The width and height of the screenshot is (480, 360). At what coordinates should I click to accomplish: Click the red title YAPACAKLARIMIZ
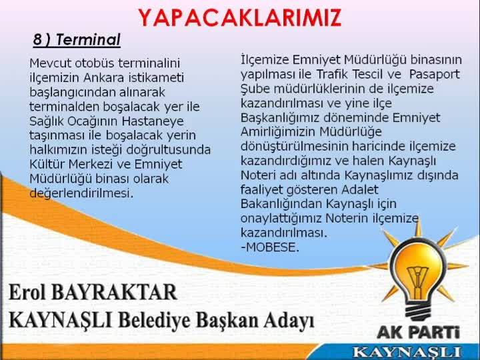click(240, 18)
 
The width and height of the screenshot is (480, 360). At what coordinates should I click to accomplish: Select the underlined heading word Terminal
click(88, 40)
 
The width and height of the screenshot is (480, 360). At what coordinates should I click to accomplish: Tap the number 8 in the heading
click(37, 40)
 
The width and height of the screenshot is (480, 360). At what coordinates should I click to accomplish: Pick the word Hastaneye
click(153, 121)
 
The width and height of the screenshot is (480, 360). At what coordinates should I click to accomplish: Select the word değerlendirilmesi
click(81, 193)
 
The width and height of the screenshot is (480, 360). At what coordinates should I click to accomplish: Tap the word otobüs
click(95, 63)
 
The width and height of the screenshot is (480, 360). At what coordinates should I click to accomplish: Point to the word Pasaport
click(434, 75)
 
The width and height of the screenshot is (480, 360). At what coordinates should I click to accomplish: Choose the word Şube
click(255, 89)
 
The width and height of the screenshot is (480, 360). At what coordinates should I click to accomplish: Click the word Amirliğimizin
click(278, 132)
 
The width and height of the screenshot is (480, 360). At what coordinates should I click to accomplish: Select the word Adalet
click(360, 190)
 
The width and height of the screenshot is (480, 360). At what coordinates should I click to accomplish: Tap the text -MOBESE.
click(270, 247)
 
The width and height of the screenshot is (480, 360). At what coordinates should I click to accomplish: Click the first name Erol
click(27, 292)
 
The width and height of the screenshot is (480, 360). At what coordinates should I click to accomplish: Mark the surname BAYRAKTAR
click(114, 292)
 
